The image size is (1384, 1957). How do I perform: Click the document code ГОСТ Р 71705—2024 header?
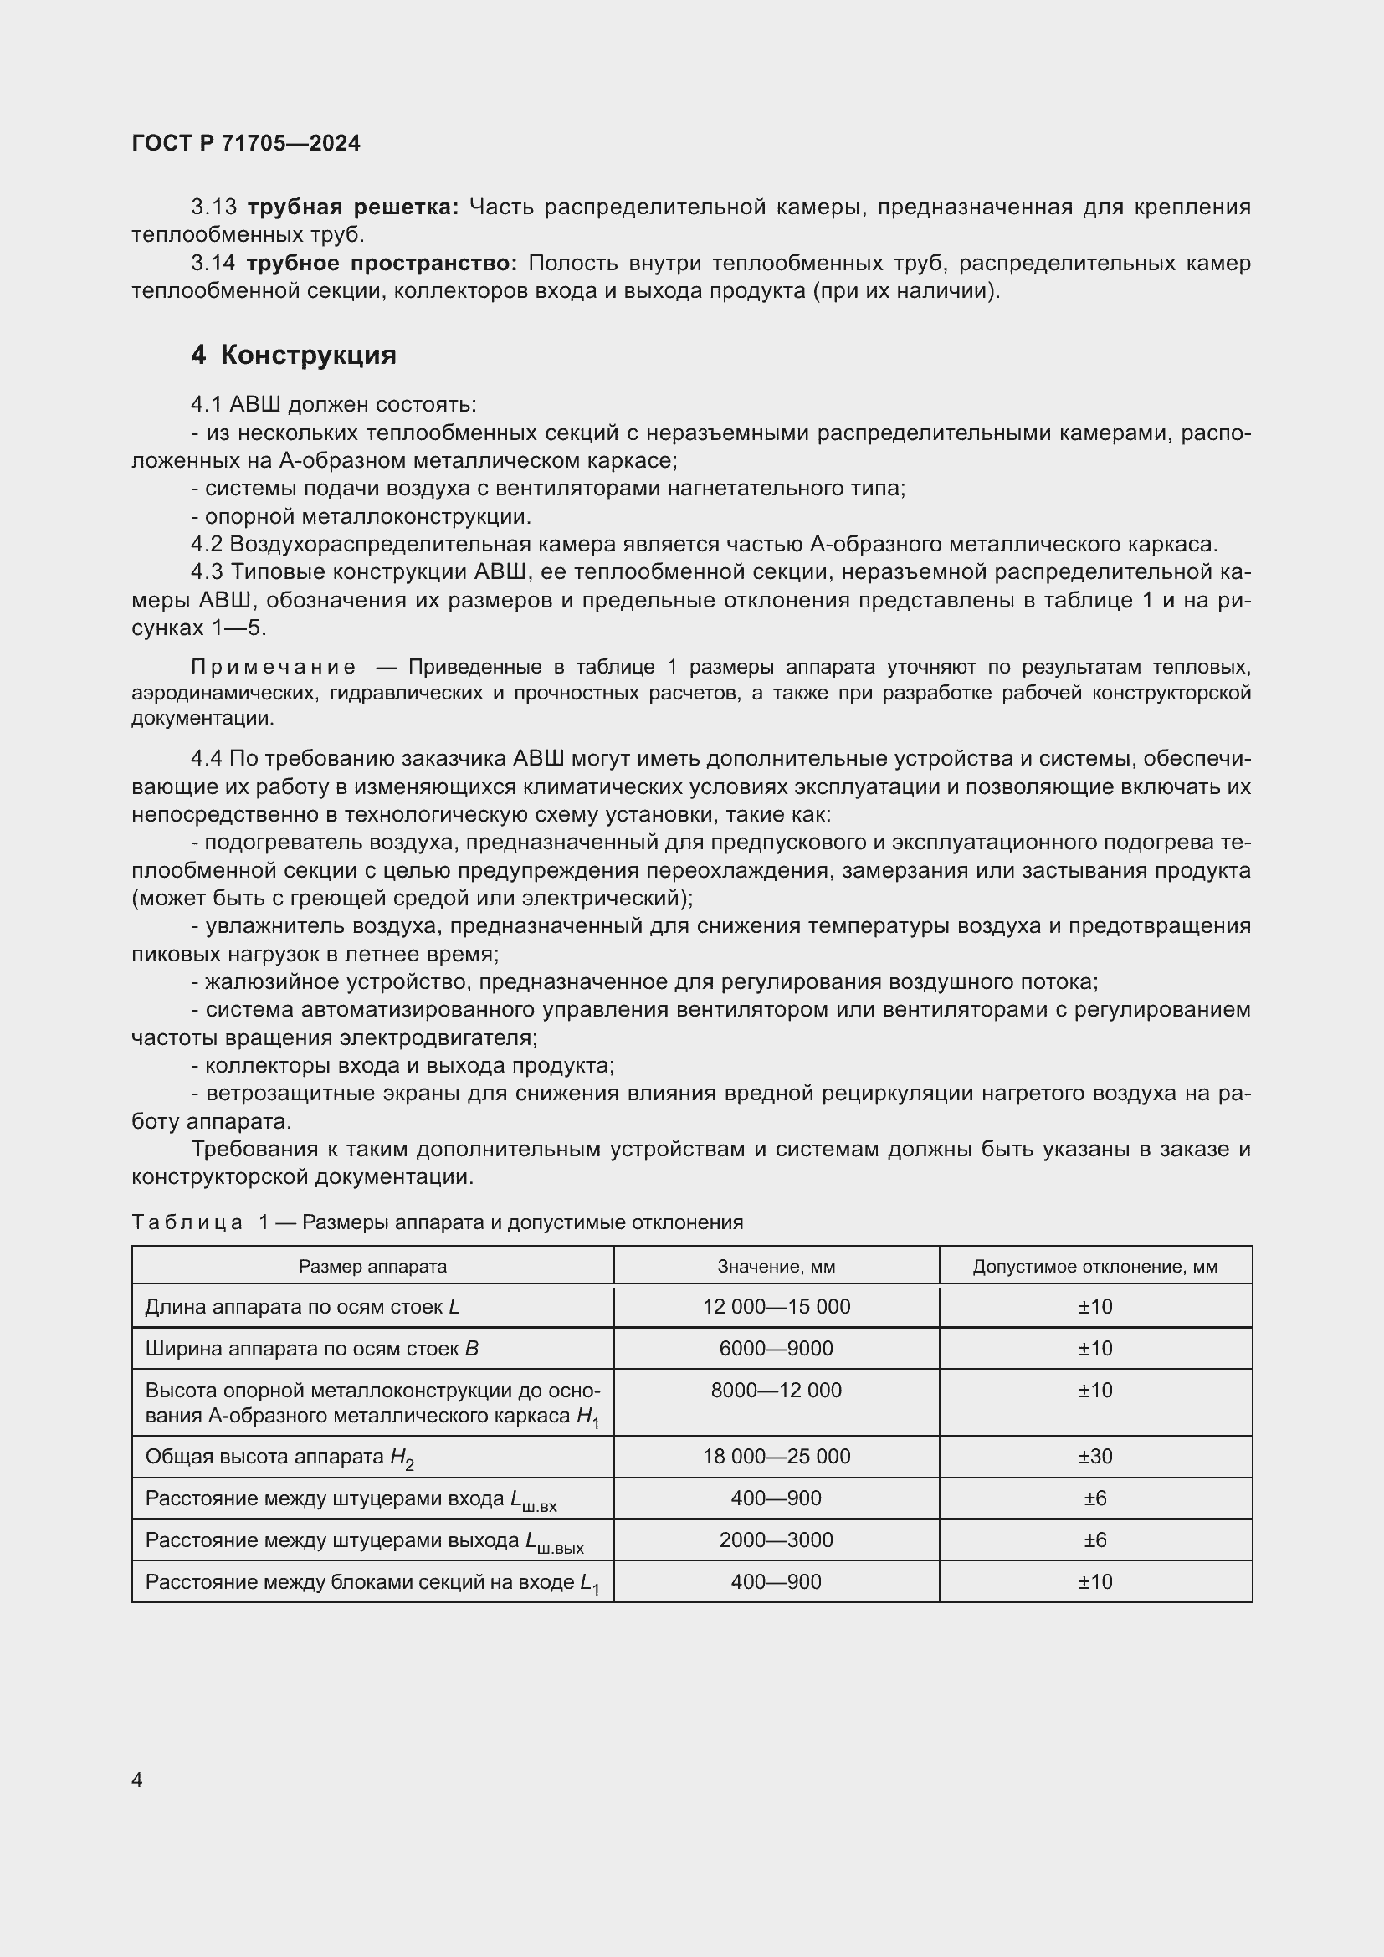(246, 143)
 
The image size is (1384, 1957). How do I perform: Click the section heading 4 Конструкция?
(293, 355)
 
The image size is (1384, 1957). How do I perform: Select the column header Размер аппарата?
(372, 1267)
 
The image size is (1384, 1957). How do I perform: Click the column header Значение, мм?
(776, 1267)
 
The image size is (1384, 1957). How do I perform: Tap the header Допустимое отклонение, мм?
(1094, 1267)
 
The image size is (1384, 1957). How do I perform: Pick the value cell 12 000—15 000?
(776, 1307)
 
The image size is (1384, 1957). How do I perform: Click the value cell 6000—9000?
(776, 1349)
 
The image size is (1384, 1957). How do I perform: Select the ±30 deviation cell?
(1094, 1456)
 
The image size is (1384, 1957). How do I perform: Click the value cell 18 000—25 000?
(776, 1456)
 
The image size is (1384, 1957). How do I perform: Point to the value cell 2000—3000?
(776, 1540)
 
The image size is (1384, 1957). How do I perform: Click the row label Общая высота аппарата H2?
(279, 1457)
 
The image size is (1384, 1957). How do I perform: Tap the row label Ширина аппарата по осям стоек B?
(312, 1349)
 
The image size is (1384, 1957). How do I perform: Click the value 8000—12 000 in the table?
(776, 1391)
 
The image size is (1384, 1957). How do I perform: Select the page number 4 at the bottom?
(137, 1780)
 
